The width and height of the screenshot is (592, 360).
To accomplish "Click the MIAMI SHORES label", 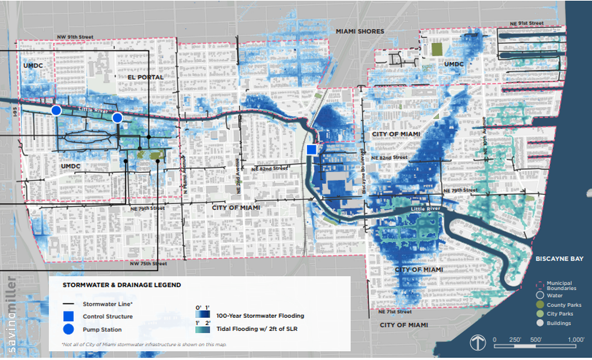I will coord(359,32).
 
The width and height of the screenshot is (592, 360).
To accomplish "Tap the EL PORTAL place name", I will coord(146,77).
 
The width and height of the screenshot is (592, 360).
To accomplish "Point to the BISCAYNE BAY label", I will coord(559,259).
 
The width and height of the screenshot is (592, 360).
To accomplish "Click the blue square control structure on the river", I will coord(312,150).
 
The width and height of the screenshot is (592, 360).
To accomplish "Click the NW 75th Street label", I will coord(149,264).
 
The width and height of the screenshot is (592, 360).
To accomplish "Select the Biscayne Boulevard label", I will coord(362,171).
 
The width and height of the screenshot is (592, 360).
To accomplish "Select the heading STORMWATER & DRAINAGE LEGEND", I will coord(122,285).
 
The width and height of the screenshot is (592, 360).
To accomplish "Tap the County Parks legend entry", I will coord(563,305).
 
